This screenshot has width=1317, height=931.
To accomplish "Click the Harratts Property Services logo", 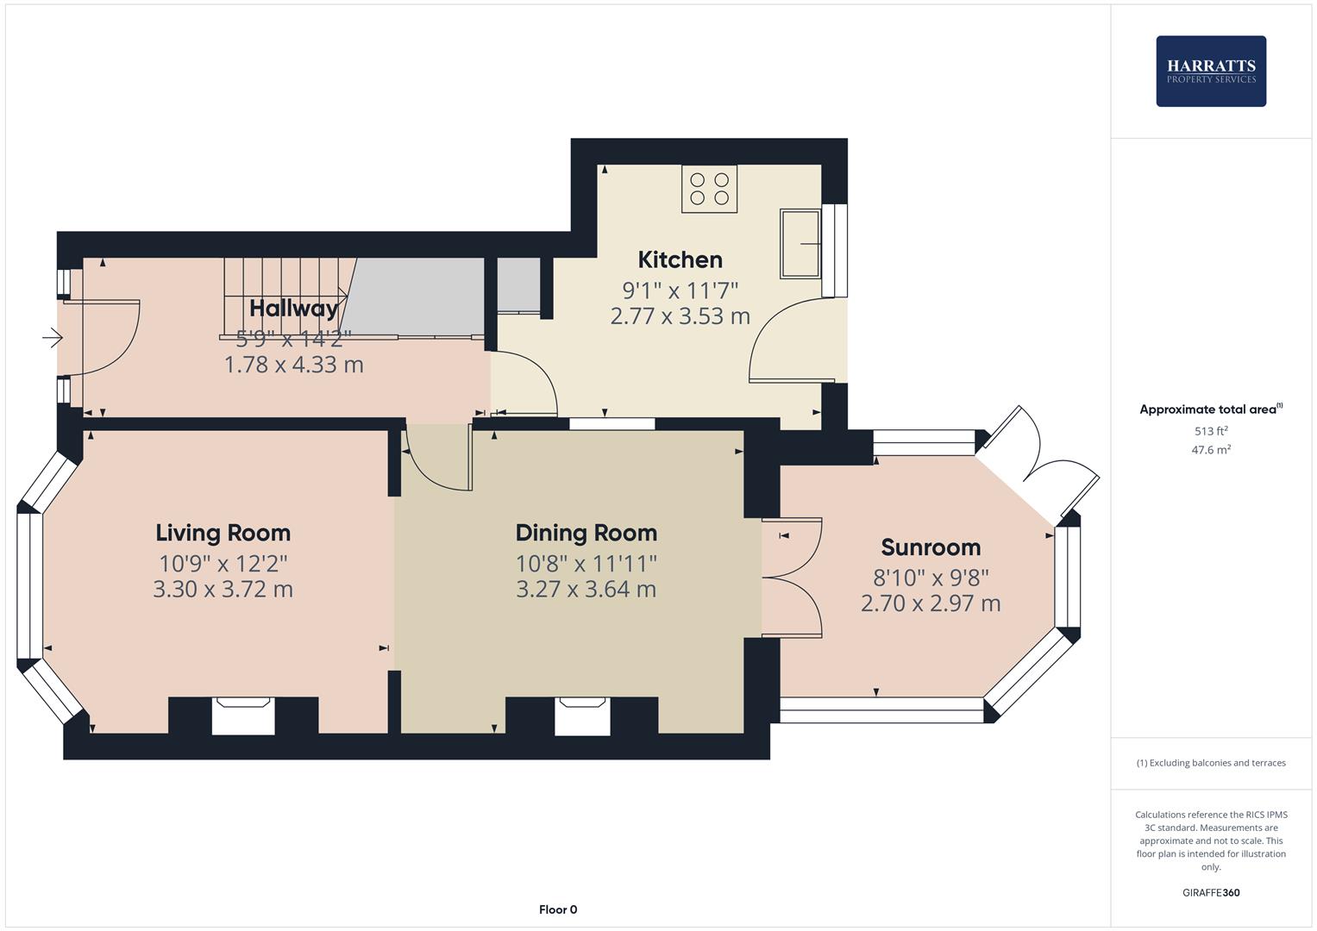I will (1210, 71).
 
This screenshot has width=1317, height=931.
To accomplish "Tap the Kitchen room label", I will (680, 259).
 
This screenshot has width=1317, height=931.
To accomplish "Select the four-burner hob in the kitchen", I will (709, 190).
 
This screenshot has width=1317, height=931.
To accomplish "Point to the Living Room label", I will (223, 533).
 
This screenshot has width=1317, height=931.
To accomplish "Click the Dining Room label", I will (586, 533).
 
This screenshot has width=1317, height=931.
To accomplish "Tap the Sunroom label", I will (930, 547).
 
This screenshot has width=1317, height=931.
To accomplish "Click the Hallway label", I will (293, 308).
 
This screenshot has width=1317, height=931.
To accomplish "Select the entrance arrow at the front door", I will (53, 338).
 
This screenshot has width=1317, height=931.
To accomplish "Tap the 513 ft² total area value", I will (1210, 431).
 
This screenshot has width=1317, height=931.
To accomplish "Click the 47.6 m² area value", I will (1210, 450).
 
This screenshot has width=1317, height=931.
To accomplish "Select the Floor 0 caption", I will (557, 909).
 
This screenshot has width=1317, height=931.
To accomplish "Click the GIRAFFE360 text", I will (1210, 892).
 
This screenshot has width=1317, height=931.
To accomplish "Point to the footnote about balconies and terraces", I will (1210, 763).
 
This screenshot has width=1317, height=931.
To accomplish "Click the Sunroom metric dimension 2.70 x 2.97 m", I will (930, 603).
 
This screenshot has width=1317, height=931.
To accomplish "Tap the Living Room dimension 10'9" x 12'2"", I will (223, 564).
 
